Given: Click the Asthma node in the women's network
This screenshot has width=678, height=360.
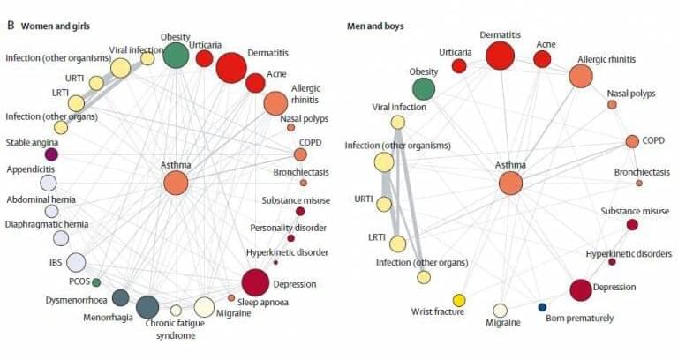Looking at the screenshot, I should [176, 183].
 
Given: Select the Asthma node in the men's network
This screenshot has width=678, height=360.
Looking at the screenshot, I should [510, 183].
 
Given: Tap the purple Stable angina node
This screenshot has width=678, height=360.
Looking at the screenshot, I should [51, 154].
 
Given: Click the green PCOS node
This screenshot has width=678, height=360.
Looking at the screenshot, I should [96, 281].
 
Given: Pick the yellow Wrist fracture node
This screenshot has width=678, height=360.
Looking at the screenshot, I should [459, 300].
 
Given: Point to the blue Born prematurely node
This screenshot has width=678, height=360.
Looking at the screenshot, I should [542, 306].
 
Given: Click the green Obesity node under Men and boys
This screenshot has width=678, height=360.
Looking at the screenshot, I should [424, 87].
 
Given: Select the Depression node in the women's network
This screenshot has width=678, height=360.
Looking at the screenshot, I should [255, 282].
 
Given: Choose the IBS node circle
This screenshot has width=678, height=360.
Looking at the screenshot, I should [76, 262].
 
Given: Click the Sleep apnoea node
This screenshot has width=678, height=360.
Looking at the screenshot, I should [231, 297].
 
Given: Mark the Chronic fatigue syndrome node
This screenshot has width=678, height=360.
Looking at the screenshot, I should [176, 310].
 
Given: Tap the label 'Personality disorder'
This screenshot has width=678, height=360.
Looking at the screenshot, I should [290, 227].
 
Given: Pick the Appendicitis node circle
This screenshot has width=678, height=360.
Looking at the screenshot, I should [49, 183].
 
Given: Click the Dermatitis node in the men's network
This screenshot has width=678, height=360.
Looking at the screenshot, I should [500, 55].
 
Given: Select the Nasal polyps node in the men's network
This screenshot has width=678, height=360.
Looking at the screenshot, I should [612, 104].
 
